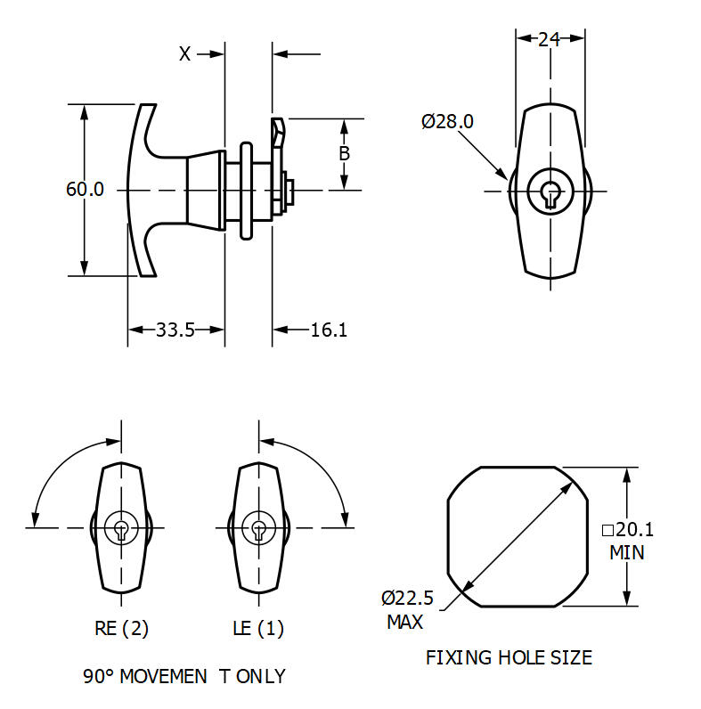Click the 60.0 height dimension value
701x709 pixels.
[85, 190]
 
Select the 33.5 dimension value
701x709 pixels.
[175, 330]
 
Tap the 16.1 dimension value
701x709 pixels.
[329, 330]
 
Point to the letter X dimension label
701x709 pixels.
[184, 54]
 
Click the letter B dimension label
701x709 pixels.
[344, 153]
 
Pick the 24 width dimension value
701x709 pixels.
[550, 38]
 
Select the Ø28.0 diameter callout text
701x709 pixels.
[447, 120]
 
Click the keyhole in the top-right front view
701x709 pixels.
[550, 192]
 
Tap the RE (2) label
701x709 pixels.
[122, 628]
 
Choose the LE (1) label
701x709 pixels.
[258, 628]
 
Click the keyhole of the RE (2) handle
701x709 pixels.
[121, 528]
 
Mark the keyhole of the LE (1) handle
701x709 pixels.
[258, 528]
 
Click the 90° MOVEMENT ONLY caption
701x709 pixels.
[184, 676]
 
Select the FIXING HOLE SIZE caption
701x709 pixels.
[509, 658]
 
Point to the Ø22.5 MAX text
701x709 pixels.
[406, 609]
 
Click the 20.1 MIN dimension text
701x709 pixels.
[628, 541]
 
